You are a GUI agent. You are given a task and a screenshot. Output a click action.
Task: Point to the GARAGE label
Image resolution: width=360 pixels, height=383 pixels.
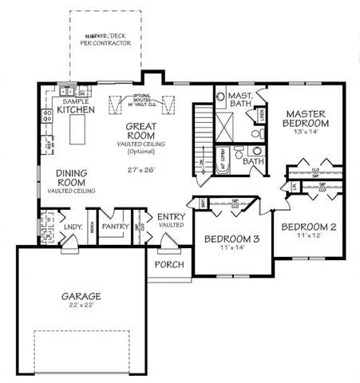coord(84,297)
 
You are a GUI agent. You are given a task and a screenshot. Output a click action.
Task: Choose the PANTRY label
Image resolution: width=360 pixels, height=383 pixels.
coord(116,227)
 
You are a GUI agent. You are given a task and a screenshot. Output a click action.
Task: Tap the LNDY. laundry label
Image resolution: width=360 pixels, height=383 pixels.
coord(73,227)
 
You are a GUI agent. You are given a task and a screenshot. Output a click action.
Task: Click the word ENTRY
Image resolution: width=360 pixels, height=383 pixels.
coord(172,217)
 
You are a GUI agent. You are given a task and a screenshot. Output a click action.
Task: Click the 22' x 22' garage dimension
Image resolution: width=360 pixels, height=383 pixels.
coord(84,307)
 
